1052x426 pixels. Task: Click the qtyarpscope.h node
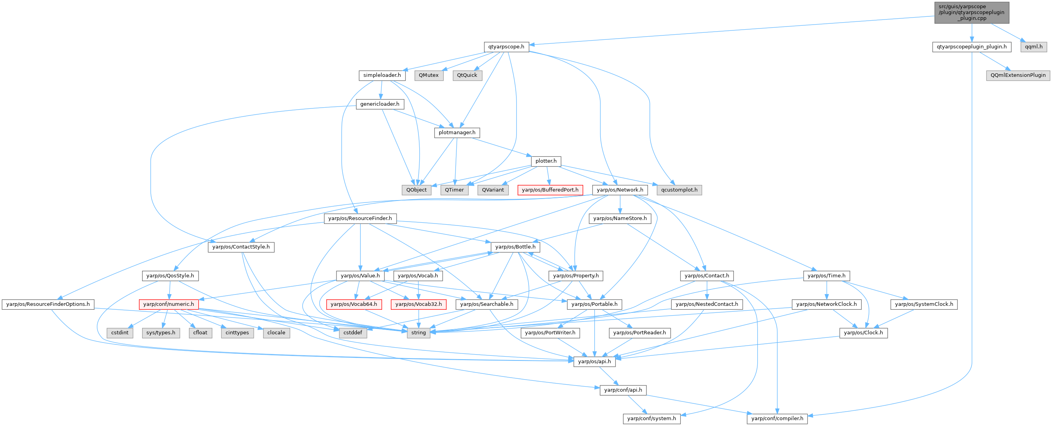click(506, 46)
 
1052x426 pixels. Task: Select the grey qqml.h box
click(1034, 46)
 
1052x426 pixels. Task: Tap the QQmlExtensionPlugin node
click(1018, 75)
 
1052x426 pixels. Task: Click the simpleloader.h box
click(382, 75)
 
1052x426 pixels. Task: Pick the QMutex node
click(428, 75)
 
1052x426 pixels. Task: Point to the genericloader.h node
click(379, 104)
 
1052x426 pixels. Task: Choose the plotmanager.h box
click(457, 133)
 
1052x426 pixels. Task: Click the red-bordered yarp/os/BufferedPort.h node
click(550, 190)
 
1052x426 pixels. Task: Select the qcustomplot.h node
click(679, 190)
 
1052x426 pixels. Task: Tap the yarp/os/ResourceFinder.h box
click(360, 218)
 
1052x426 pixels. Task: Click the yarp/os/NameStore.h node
click(619, 218)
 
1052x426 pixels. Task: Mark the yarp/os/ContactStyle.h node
click(241, 247)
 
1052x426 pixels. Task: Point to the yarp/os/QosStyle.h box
click(170, 275)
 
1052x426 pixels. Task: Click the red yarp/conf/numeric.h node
click(168, 304)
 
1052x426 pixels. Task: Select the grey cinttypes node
click(237, 332)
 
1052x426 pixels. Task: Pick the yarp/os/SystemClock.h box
click(924, 304)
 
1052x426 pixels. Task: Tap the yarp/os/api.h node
click(594, 361)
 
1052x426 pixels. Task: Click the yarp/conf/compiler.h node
click(777, 418)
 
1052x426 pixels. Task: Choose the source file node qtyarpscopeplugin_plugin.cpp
click(971, 12)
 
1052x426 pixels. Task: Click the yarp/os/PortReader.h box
click(639, 332)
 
